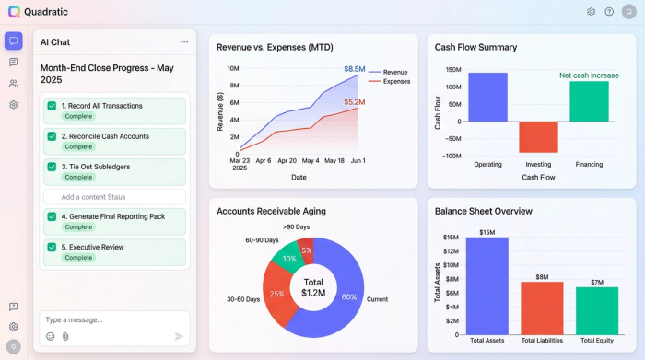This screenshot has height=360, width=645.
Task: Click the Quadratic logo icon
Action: (14, 12)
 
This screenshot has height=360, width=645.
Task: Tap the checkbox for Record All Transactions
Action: (52, 106)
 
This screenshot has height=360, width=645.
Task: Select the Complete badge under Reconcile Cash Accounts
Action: (78, 147)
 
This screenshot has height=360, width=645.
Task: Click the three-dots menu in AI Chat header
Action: (184, 42)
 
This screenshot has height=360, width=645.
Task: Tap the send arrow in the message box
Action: (179, 336)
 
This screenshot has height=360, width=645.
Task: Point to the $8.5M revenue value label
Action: (355, 69)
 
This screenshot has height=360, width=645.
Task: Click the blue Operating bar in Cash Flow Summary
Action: (487, 98)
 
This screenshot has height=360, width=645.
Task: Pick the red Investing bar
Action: (538, 137)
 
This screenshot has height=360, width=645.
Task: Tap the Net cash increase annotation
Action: (589, 75)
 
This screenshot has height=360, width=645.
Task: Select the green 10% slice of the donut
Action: (288, 260)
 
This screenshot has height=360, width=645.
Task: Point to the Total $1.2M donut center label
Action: (313, 287)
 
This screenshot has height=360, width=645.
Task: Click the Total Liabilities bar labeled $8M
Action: (542, 308)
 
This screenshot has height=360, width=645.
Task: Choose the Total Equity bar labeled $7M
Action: (597, 310)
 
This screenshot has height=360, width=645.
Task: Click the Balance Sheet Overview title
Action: (484, 211)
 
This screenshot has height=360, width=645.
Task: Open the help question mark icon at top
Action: (609, 12)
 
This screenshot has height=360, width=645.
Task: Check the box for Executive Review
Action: (52, 247)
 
